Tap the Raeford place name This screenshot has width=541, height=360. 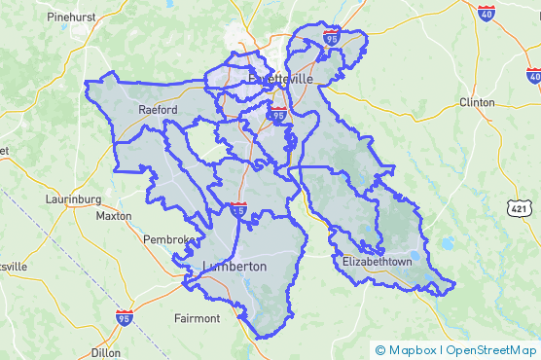(x=158, y=110)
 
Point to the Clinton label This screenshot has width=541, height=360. (x=477, y=102)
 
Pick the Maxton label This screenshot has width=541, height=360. (x=115, y=215)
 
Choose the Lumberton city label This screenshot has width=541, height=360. (x=234, y=266)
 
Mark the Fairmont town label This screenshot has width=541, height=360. (x=197, y=318)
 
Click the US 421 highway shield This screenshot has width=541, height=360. (x=518, y=205)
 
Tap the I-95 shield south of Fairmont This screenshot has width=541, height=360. (x=124, y=318)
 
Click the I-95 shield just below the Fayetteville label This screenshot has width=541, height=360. (x=278, y=115)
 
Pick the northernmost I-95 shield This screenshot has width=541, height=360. (x=331, y=39)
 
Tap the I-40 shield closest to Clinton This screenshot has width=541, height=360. (x=533, y=75)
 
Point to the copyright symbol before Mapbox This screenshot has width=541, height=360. (x=380, y=350)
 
